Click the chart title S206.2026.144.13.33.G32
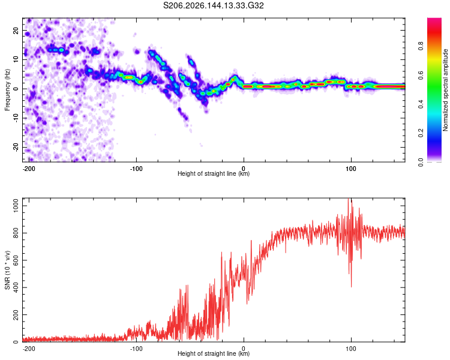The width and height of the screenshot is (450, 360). (213, 5)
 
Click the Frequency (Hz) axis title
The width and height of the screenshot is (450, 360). (7, 90)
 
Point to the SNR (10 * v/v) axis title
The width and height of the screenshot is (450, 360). (7, 270)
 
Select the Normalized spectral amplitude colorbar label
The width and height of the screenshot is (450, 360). (445, 90)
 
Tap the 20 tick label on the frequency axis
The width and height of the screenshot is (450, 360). (16, 31)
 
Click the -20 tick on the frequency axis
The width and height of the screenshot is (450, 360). (16, 148)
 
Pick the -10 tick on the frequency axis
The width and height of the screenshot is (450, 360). (16, 118)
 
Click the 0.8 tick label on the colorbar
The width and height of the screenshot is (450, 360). (421, 46)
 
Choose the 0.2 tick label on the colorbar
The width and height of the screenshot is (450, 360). (421, 133)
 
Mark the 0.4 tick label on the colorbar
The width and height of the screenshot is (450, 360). (421, 104)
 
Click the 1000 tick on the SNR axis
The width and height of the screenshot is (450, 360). (16, 206)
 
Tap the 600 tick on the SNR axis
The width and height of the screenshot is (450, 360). (16, 260)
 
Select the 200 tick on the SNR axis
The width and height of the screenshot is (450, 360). (16, 314)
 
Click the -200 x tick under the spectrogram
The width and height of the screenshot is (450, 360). (29, 169)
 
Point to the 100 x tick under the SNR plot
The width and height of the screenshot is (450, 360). (351, 349)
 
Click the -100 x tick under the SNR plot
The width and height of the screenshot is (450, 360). (136, 349)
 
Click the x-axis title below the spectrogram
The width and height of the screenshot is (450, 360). (214, 173)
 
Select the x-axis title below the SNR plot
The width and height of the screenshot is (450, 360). (214, 353)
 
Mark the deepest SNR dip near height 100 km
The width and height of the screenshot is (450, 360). (351, 286)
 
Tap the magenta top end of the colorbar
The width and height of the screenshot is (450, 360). (434, 19)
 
